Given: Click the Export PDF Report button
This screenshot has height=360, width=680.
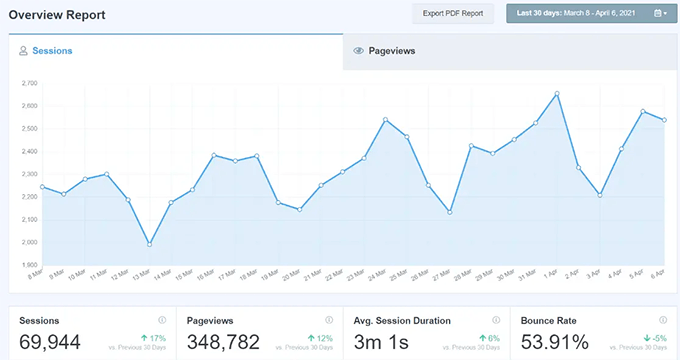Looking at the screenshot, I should pos(452,14).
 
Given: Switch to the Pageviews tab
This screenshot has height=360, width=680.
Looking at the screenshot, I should pos(391,50).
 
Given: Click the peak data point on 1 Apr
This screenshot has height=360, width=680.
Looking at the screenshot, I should pos(556,94).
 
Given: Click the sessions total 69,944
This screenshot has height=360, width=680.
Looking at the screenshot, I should pos(51,342).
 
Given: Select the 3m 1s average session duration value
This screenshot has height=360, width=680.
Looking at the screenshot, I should pos(382,342).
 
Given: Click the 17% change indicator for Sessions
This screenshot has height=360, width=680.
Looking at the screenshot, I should pos(154,338).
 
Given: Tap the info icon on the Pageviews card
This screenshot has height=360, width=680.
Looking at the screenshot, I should pos(329,320).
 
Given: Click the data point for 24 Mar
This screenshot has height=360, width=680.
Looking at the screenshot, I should pos(385,120).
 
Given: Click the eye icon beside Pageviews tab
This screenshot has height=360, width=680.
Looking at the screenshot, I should pos(359,50).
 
